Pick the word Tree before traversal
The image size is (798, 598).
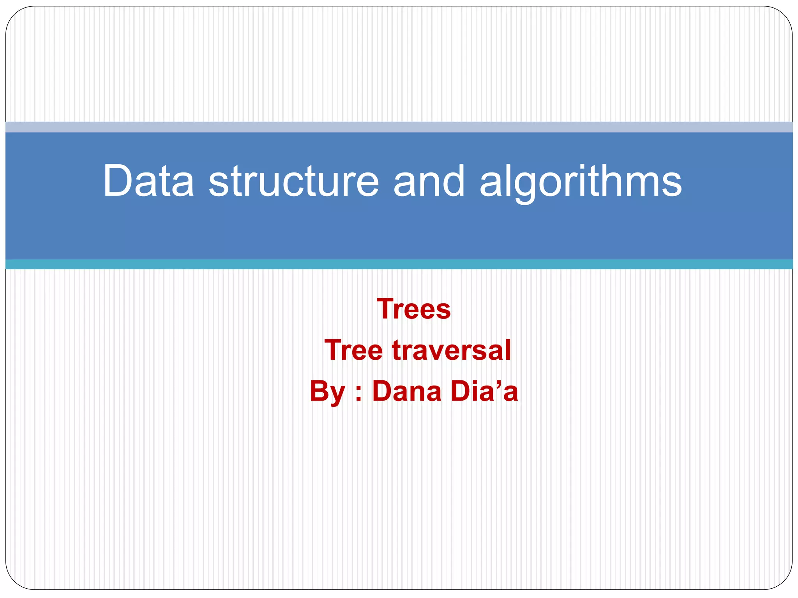(x=354, y=350)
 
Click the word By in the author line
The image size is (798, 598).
(x=327, y=392)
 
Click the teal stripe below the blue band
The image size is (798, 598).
(x=399, y=264)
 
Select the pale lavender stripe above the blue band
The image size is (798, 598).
(x=399, y=127)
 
